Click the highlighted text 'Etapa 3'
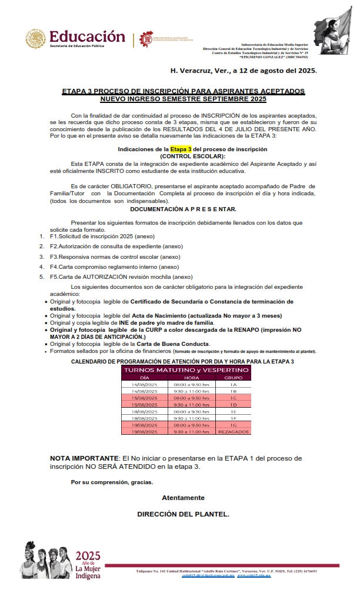181,149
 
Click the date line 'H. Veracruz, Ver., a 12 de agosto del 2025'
243,71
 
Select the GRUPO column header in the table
234,378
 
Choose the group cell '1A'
234,384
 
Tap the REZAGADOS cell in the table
234,432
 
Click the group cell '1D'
234,405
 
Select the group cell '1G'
234,425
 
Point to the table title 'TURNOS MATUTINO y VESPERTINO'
186,369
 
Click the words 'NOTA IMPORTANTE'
84,458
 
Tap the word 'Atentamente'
184,498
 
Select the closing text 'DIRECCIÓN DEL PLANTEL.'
184,514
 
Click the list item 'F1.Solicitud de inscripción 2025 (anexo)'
102,236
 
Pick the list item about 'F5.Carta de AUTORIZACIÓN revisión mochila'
121,277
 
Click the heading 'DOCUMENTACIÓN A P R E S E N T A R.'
184,209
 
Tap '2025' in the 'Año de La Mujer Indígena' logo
88,555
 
